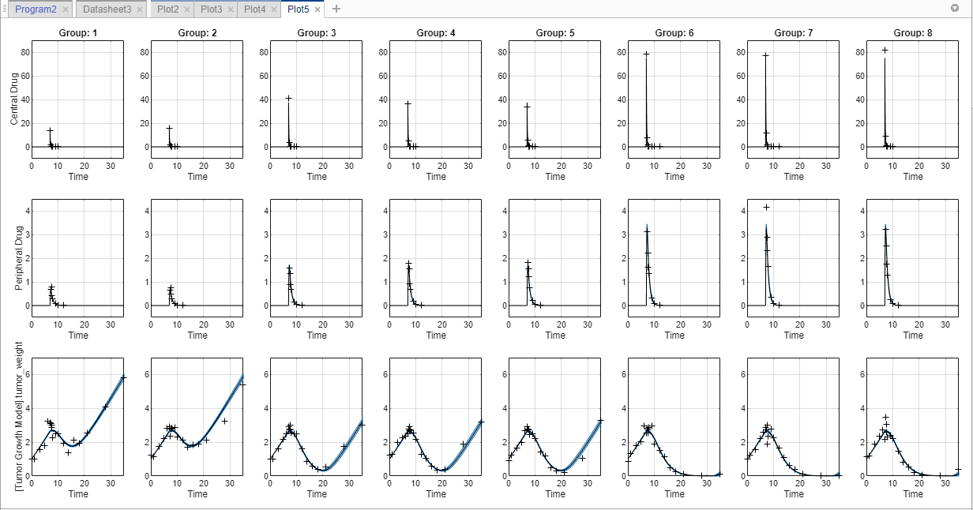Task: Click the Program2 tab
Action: [36, 9]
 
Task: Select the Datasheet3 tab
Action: [107, 9]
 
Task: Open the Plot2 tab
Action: [167, 9]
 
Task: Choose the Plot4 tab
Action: [254, 9]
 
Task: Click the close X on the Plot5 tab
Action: [317, 9]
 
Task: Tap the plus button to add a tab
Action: [336, 9]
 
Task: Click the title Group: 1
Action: [78, 34]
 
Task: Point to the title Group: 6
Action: [674, 34]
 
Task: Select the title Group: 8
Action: [913, 34]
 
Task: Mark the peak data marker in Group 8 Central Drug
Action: [885, 50]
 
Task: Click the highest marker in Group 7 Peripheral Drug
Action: [766, 207]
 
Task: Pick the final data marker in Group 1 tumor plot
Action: [122, 377]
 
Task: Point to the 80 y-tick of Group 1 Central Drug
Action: [25, 52]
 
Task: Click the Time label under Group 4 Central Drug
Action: [436, 177]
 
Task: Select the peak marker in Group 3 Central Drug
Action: [288, 98]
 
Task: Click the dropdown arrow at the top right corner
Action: [955, 8]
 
